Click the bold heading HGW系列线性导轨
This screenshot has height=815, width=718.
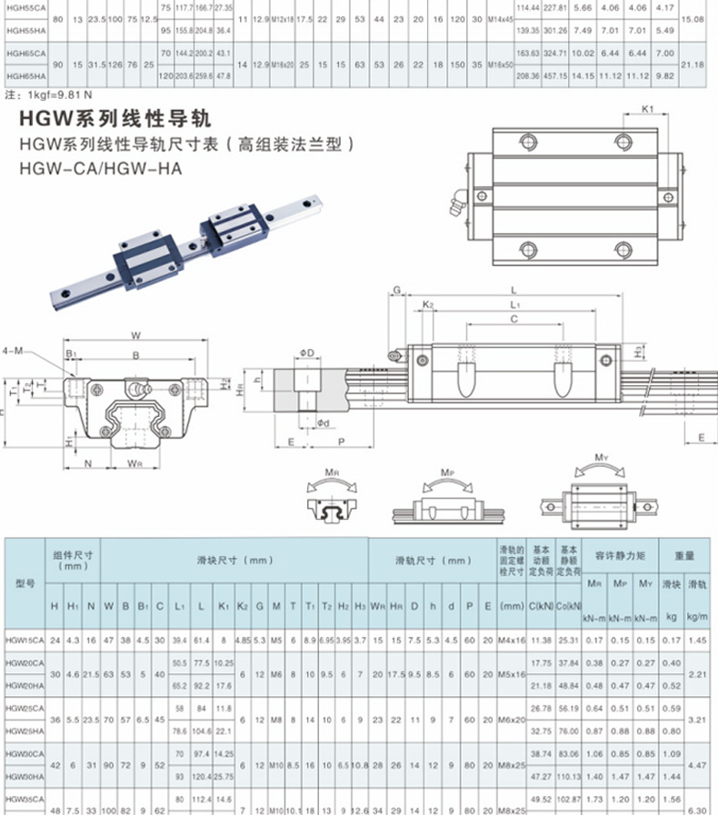(x=115, y=119)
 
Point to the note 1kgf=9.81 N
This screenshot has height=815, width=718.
(x=50, y=95)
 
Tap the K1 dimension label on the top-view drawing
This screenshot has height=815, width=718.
(x=648, y=109)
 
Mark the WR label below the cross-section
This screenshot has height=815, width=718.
(x=135, y=462)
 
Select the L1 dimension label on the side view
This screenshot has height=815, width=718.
(x=515, y=303)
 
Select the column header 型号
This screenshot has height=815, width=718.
(x=24, y=582)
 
